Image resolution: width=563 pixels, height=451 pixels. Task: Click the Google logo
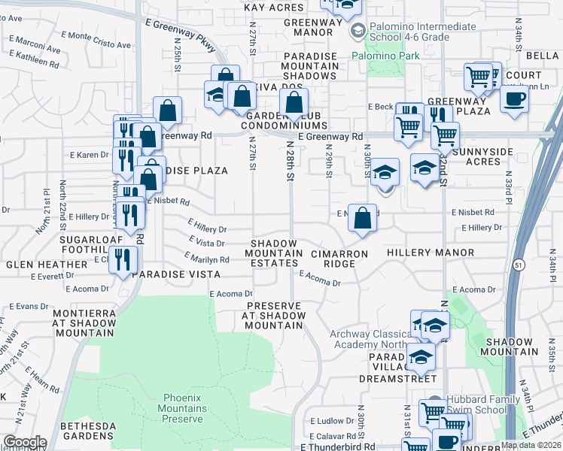(x=25, y=442)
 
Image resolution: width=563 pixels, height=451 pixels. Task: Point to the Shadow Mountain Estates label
(x=276, y=253)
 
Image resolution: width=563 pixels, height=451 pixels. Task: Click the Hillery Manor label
(x=431, y=253)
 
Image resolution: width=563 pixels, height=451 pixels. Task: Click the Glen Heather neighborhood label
(x=47, y=265)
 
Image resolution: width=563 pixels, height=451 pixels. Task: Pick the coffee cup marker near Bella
(x=514, y=100)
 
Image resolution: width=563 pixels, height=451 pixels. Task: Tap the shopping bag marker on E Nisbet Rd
(x=363, y=219)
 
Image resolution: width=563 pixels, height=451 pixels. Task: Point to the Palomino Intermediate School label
(x=425, y=32)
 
